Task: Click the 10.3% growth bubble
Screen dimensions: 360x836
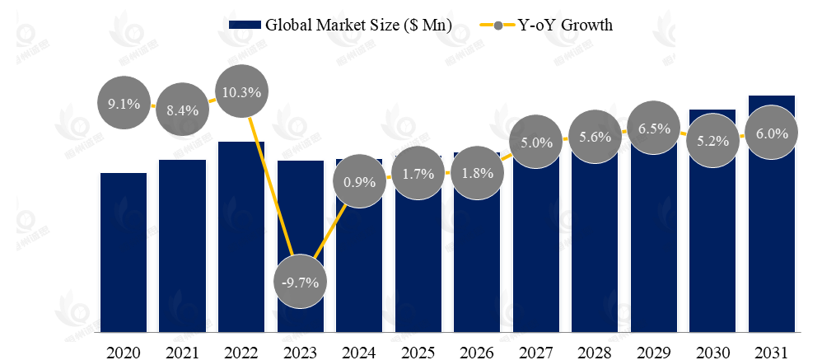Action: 241,92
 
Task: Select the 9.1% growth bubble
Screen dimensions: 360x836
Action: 124,104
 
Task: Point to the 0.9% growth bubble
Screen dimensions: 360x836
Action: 359,181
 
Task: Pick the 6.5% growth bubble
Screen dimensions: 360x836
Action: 654,129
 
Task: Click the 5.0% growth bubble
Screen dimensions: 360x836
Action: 536,143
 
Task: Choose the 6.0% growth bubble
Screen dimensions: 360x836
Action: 772,133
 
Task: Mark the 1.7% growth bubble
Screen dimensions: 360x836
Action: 418,175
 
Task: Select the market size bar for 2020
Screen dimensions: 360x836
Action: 124,255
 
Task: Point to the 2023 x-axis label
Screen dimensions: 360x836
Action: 301,352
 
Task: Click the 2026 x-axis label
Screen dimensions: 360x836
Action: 477,352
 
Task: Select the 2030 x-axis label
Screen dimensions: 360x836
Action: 712,352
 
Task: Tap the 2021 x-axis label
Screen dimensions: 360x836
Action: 183,352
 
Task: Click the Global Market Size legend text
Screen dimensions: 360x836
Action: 358,25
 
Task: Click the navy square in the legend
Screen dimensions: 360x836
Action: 245,25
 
